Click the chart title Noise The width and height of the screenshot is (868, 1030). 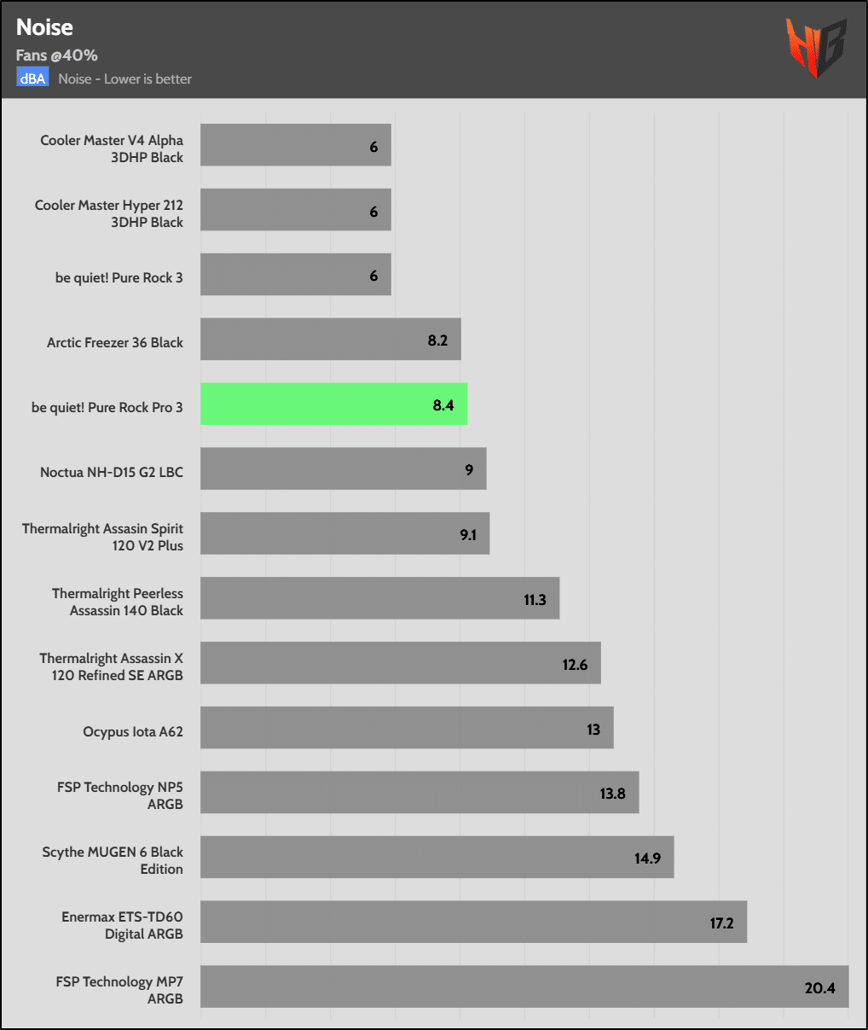point(44,27)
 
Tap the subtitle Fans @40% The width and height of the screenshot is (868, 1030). point(56,55)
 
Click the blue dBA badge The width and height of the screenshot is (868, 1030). point(32,79)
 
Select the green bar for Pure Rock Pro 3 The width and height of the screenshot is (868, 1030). point(333,404)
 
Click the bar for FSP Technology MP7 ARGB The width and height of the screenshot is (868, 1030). point(524,986)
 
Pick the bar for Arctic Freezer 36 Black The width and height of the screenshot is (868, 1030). point(330,340)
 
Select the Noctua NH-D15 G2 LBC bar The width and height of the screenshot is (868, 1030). point(343,469)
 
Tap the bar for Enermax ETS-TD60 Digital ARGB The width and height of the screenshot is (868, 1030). point(473,922)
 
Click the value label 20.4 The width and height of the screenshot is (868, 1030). point(819,988)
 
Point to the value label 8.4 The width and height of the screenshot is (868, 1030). point(443,405)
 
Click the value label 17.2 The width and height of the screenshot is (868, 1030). point(721,923)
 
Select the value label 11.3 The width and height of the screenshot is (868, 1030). point(535,600)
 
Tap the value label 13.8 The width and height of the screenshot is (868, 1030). point(612,794)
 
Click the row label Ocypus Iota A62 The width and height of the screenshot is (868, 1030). point(133,731)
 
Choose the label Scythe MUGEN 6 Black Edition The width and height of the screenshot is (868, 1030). point(113,860)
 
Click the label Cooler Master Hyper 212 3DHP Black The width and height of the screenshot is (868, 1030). point(109,213)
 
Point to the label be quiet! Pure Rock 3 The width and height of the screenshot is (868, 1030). point(119,277)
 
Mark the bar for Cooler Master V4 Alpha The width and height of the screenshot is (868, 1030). point(295,145)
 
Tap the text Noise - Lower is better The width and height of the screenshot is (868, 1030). point(124,79)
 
